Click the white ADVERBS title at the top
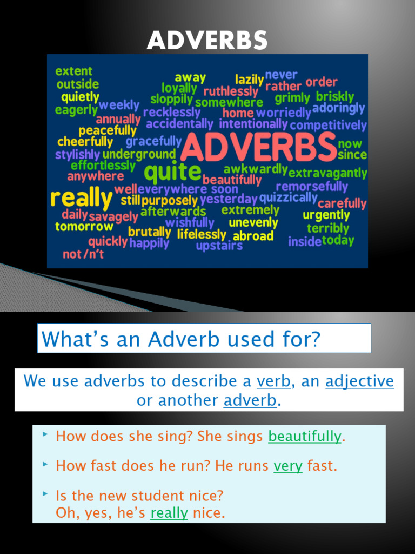pyautogui.click(x=207, y=40)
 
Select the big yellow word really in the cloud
pyautogui.click(x=81, y=198)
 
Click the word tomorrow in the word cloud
pyautogui.click(x=84, y=226)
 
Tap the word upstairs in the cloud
pyautogui.click(x=219, y=246)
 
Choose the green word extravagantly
pyautogui.click(x=327, y=174)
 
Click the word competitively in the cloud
pyautogui.click(x=329, y=126)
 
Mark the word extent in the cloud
pyautogui.click(x=74, y=71)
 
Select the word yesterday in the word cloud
pyautogui.click(x=229, y=199)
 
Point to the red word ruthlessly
pyautogui.click(x=231, y=91)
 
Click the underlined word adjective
pyautogui.click(x=359, y=381)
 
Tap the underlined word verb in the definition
pyautogui.click(x=273, y=381)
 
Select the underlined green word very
pyautogui.click(x=288, y=466)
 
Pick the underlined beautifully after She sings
pyautogui.click(x=305, y=436)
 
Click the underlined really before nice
pyautogui.click(x=169, y=513)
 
